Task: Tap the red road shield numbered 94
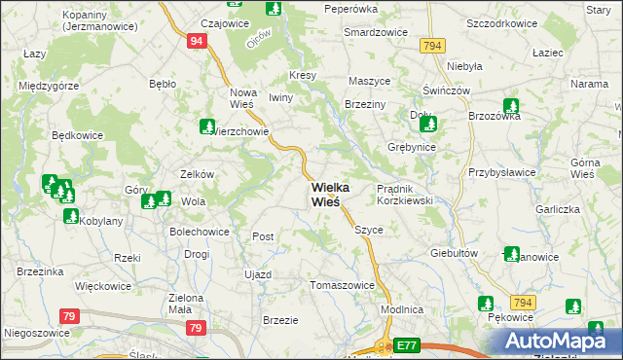pos(197,41)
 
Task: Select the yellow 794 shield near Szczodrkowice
pos(433,46)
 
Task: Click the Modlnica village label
pos(401,308)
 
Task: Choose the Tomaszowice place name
pos(343,285)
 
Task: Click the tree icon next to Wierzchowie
pos(207,126)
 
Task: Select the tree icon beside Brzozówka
pos(511,106)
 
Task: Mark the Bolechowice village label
pos(200,233)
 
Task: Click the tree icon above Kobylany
pos(70,215)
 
